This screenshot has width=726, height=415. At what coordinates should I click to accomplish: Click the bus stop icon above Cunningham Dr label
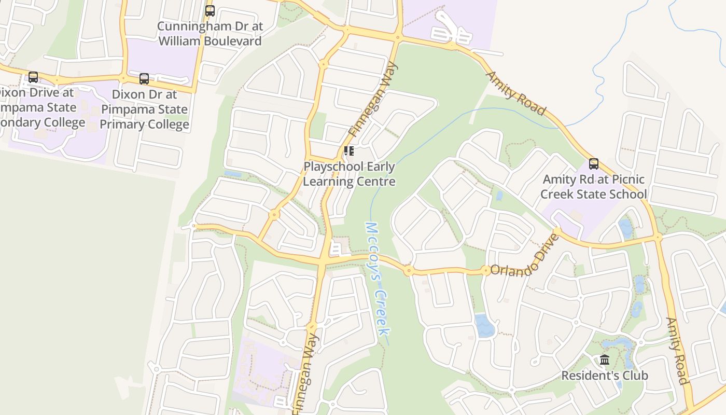coord(210,10)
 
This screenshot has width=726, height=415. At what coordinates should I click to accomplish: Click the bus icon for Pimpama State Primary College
coord(144,79)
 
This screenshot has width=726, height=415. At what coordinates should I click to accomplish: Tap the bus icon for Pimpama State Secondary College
coord(33,77)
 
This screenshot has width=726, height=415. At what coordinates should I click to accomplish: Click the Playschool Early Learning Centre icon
coord(349,151)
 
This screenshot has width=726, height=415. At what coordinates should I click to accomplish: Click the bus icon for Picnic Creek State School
coord(594,164)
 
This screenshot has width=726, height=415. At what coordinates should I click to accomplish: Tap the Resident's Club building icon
coord(605,359)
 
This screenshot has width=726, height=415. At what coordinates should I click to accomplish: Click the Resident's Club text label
coord(605,375)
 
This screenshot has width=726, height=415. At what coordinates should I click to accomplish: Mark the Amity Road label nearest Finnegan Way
coord(515,93)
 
